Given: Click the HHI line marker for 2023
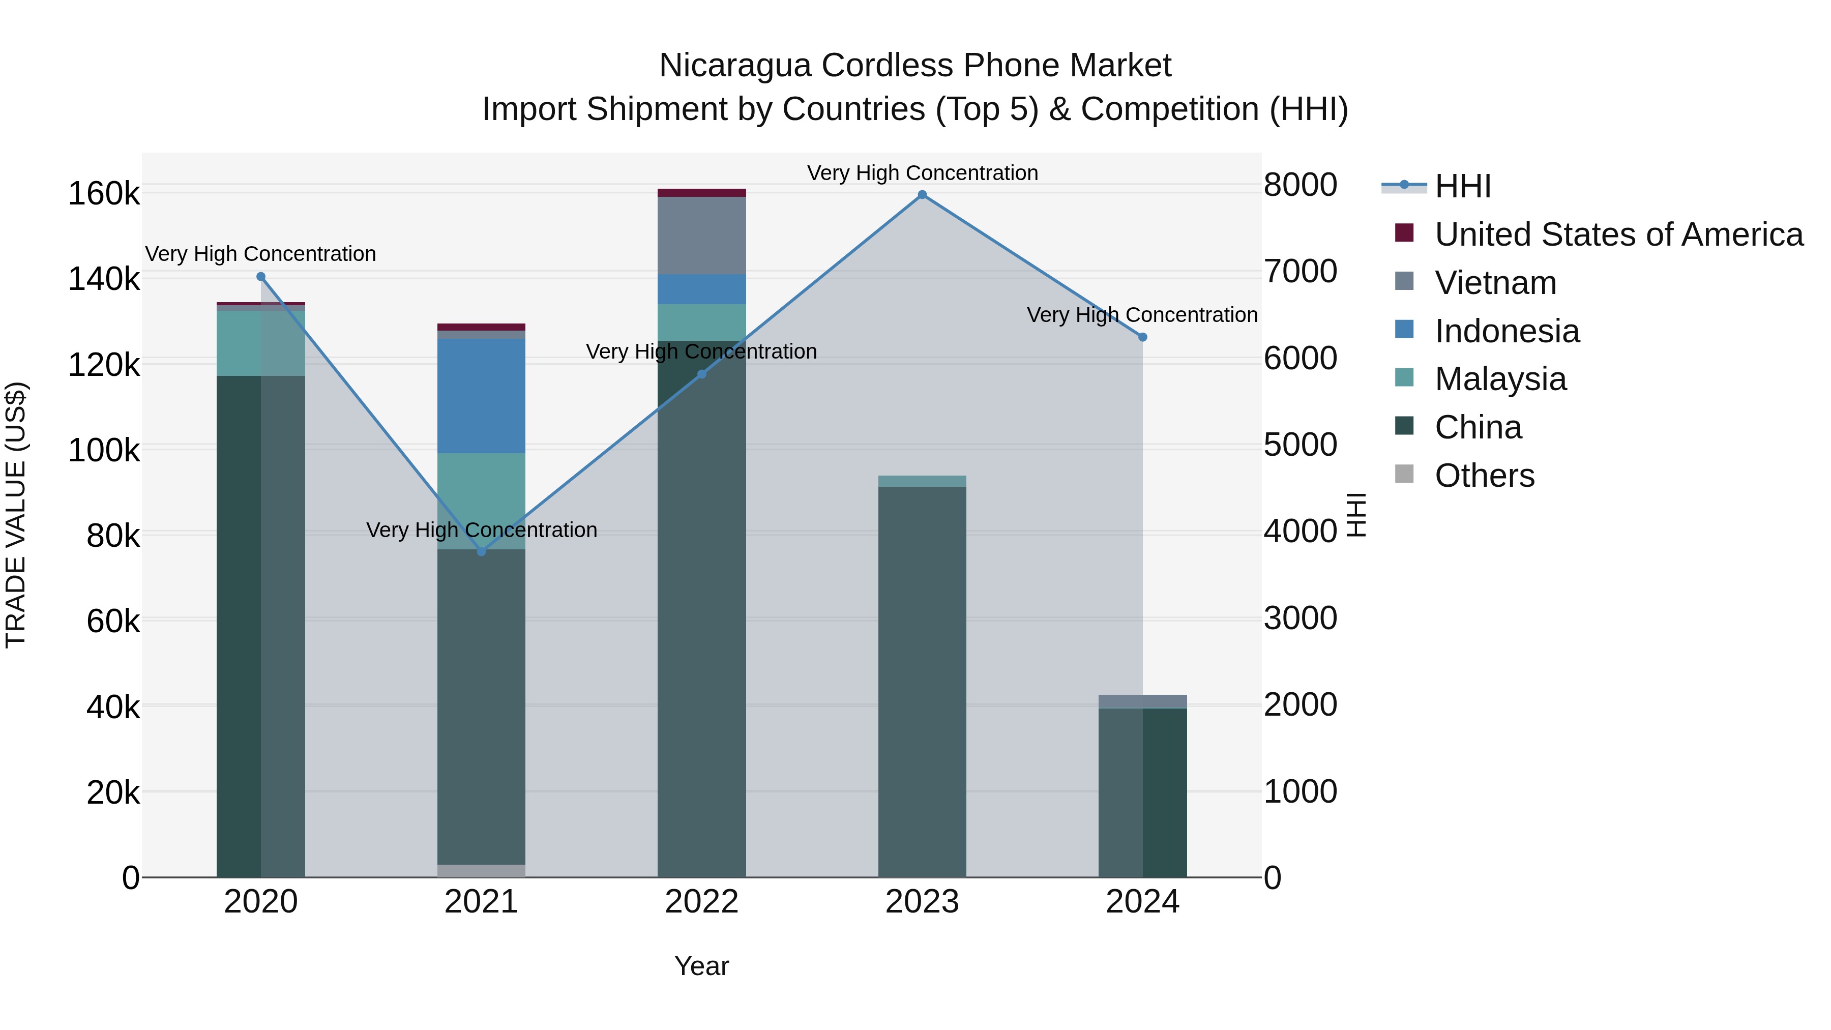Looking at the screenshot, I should coord(922,195).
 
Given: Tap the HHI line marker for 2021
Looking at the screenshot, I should coord(481,551).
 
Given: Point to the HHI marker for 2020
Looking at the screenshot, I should coord(261,277).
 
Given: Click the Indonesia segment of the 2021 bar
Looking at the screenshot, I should coord(481,395).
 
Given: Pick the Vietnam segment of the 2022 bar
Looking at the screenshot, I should coord(701,236).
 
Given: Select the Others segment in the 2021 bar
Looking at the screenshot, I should coord(481,871).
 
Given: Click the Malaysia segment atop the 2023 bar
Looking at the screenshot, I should coord(922,481).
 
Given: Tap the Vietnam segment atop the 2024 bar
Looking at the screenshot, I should coord(1143,701).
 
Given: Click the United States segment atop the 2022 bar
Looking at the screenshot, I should coord(701,193).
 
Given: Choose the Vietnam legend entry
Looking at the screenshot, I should coord(1495,283).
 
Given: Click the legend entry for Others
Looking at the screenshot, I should coord(1484,476).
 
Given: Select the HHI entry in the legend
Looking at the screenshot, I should coord(1463,186).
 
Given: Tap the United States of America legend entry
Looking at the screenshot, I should coord(1618,234).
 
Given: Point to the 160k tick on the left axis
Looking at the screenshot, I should coord(104,193).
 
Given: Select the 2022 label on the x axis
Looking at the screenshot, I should coord(701,902).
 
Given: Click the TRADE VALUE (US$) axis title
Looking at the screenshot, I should coord(16,515).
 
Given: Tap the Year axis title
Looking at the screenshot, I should coord(701,966).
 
